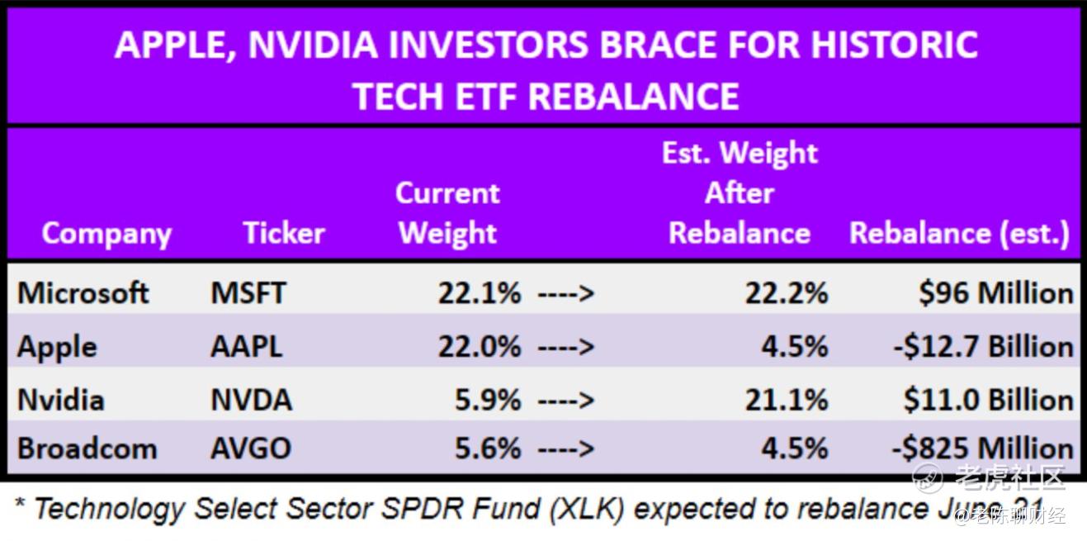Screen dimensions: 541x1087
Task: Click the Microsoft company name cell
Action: pyautogui.click(x=83, y=293)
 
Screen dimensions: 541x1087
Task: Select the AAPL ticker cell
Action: pyautogui.click(x=246, y=346)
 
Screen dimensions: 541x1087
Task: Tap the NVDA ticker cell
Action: pyautogui.click(x=251, y=400)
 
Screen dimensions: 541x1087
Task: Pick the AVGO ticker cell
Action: pyautogui.click(x=251, y=448)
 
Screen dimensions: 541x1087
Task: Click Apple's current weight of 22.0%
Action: pyautogui.click(x=479, y=346)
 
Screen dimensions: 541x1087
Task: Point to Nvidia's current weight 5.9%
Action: pyautogui.click(x=488, y=400)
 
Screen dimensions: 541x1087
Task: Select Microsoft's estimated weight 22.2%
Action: pyautogui.click(x=786, y=293)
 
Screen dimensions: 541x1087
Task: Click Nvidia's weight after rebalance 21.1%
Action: pyautogui.click(x=786, y=400)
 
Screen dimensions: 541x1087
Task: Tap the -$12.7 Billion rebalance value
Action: pyautogui.click(x=983, y=346)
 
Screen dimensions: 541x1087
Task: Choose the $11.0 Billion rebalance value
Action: pyautogui.click(x=988, y=400)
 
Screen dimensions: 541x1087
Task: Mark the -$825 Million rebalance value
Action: pyautogui.click(x=983, y=448)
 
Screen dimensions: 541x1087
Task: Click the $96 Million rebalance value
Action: pyautogui.click(x=996, y=293)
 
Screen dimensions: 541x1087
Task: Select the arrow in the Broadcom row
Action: pyautogui.click(x=565, y=448)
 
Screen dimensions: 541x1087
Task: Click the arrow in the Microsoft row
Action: pyautogui.click(x=565, y=293)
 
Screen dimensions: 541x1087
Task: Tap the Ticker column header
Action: pyautogui.click(x=284, y=233)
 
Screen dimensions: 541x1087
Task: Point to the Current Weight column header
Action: pyautogui.click(x=447, y=213)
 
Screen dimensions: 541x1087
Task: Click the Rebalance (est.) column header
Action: pyautogui.click(x=960, y=233)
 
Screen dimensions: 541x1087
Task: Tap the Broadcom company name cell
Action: pyautogui.click(x=87, y=448)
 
